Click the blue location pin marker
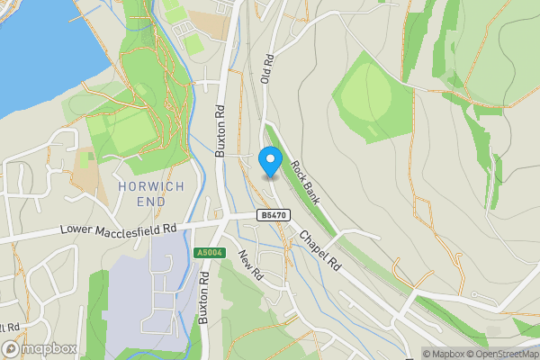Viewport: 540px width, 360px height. click(x=269, y=161)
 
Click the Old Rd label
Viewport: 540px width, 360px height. click(x=266, y=70)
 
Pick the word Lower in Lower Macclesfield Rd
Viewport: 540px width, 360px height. click(x=77, y=233)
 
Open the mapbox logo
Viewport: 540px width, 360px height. click(x=40, y=348)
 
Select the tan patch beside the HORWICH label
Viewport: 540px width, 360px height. click(x=88, y=180)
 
